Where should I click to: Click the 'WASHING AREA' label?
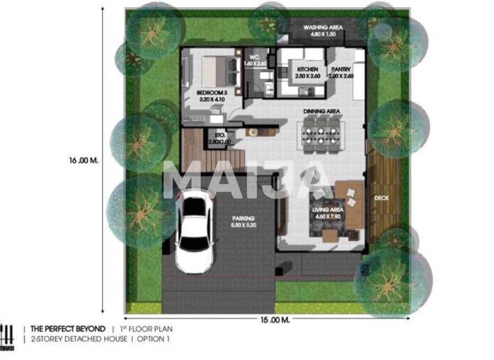click(323, 28)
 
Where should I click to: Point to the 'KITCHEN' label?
click(307, 69)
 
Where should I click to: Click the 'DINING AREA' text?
click(321, 111)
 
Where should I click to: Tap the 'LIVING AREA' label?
click(327, 210)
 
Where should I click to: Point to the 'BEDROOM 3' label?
click(212, 93)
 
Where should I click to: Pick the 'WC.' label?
click(254, 57)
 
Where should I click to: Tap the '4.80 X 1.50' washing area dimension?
click(323, 35)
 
